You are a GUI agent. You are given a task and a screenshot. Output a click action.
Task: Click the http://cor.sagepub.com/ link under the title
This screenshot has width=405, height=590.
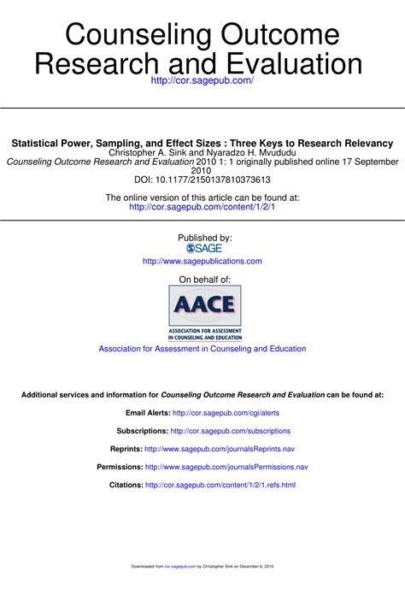(x=202, y=80)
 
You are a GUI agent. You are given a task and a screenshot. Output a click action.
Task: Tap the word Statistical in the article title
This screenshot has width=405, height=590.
(x=40, y=143)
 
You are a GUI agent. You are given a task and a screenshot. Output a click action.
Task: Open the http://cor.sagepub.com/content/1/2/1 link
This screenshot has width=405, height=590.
(x=202, y=207)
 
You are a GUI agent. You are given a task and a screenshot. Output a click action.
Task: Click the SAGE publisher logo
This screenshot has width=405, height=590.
(x=203, y=248)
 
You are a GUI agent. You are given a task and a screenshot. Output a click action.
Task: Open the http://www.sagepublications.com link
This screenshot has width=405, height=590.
(x=202, y=261)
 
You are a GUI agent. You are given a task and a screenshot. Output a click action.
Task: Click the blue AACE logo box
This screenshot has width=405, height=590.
(x=205, y=305)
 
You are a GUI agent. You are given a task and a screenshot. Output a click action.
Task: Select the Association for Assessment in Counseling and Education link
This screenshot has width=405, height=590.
(x=202, y=349)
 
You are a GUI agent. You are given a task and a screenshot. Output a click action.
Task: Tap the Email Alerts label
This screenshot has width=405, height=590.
(x=147, y=413)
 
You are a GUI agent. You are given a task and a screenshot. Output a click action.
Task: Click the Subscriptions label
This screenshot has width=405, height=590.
(x=142, y=431)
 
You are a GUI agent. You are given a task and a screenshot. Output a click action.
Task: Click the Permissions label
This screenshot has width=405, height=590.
(x=119, y=467)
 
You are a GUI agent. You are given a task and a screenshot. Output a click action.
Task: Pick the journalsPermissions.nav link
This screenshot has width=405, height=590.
(x=226, y=467)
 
